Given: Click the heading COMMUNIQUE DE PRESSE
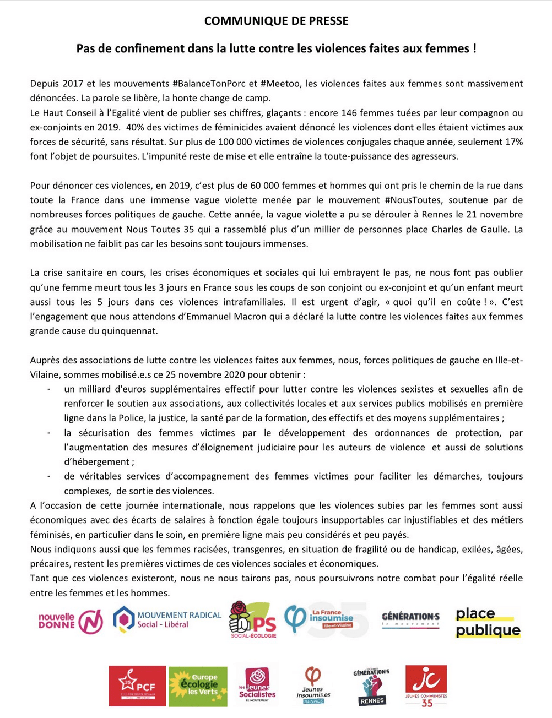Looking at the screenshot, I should pyautogui.click(x=276, y=21).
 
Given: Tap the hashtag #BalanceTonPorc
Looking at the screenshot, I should pyautogui.click(x=209, y=84).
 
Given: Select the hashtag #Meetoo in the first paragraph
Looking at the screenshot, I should pyautogui.click(x=281, y=84).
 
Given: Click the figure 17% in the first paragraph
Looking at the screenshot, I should pyautogui.click(x=512, y=142).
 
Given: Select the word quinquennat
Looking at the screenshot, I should pyautogui.click(x=131, y=331).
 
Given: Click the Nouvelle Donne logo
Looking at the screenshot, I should pyautogui.click(x=71, y=621).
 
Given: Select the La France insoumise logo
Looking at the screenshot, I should pyautogui.click(x=320, y=619).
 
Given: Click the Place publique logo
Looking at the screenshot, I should pyautogui.click(x=488, y=622).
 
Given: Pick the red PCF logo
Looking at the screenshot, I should pyautogui.click(x=137, y=686).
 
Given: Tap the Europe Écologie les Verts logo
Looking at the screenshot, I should pyautogui.click(x=198, y=686).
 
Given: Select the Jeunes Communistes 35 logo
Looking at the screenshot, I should pyautogui.click(x=426, y=686).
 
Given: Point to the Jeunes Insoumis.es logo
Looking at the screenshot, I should pyautogui.click(x=313, y=686).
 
